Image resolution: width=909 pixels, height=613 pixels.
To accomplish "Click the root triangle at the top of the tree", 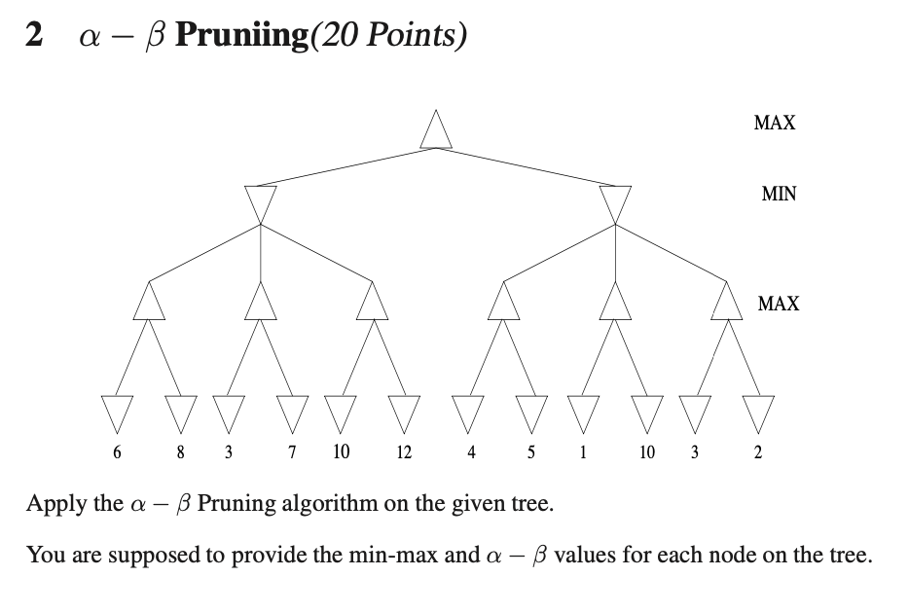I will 436,131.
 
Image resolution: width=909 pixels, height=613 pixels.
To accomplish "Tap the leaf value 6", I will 118,452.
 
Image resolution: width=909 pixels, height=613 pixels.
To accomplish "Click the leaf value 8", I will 180,452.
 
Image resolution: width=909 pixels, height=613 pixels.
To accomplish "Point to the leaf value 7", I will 293,452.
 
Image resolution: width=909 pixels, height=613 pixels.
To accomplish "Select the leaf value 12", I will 404,452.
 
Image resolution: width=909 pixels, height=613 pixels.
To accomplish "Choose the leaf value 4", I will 471,452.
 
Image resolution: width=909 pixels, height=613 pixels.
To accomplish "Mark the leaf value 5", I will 530,452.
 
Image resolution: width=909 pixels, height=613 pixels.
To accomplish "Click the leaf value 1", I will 582,452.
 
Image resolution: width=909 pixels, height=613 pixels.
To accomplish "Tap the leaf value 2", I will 758,452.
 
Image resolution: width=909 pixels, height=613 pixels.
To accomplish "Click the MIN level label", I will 779,194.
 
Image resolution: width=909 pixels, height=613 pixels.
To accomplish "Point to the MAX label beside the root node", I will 775,123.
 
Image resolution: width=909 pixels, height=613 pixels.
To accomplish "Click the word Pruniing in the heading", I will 235,35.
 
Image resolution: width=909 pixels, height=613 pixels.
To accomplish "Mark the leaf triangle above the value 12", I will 403,410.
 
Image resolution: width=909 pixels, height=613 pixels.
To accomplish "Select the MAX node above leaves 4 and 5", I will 502,301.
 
